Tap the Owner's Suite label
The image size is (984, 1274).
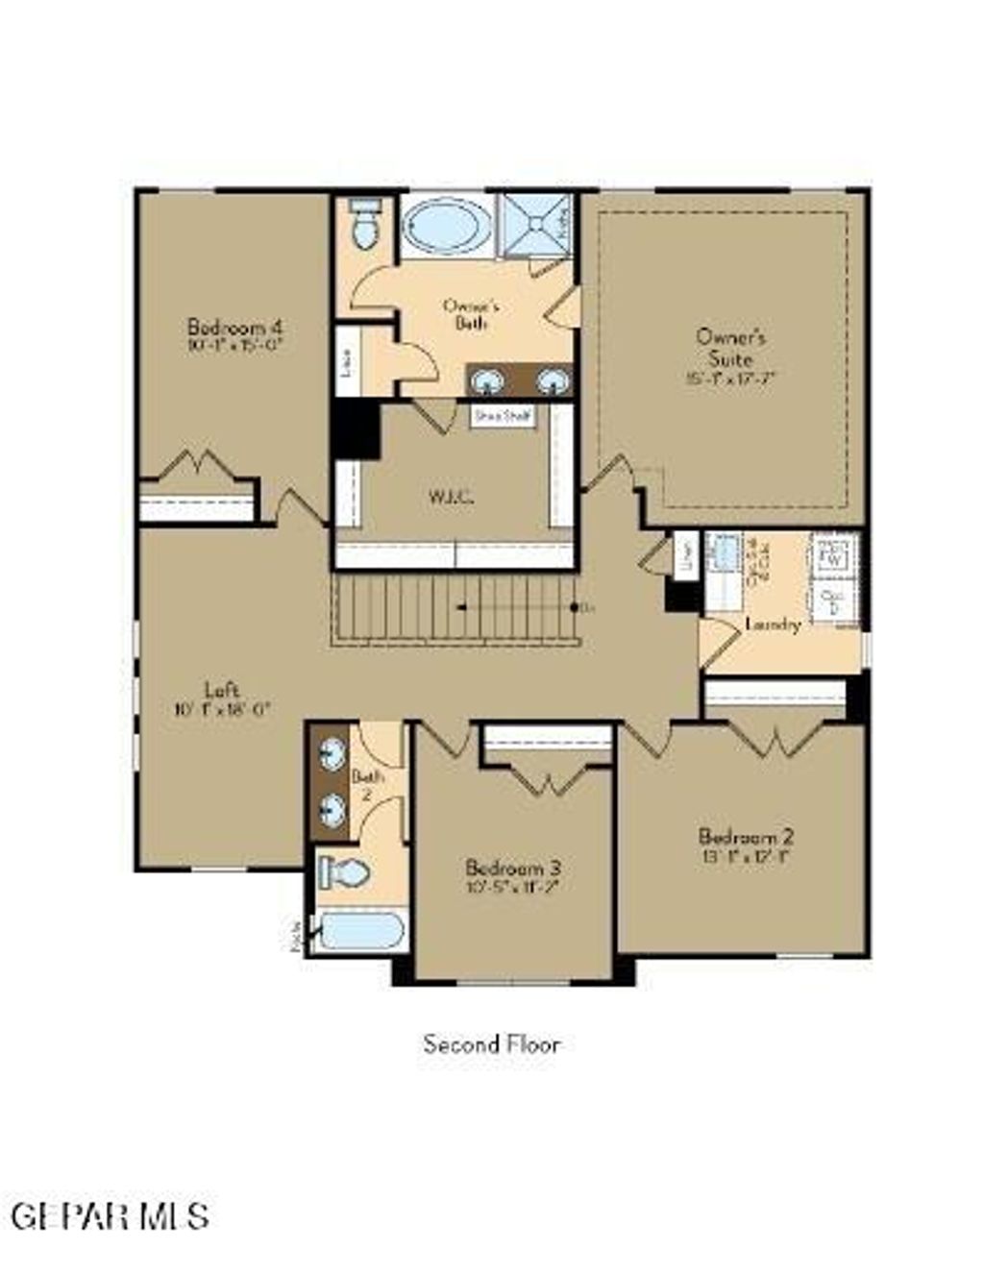click(x=730, y=347)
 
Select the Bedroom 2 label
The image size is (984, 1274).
click(x=746, y=836)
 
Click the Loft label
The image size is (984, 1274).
click(x=222, y=689)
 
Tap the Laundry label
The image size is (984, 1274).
click(x=773, y=625)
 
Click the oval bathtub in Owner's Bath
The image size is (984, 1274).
click(x=444, y=228)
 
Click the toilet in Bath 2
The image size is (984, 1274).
click(x=345, y=872)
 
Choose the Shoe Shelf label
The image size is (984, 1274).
click(x=503, y=416)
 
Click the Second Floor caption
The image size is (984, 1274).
click(x=491, y=1043)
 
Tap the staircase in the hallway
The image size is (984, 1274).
click(x=457, y=607)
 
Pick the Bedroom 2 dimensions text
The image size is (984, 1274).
click(x=746, y=856)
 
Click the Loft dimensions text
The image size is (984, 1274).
click(x=222, y=710)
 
